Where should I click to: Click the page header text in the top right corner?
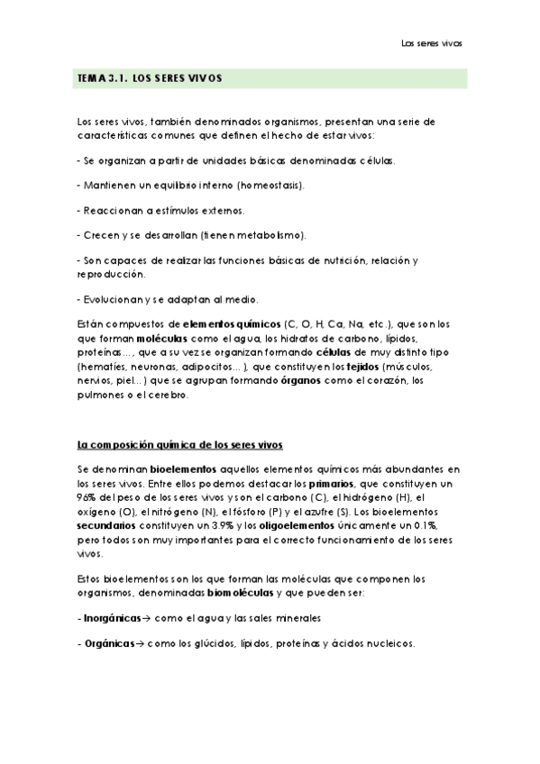pos(431,42)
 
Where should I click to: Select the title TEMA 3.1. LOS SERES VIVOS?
pos(150,79)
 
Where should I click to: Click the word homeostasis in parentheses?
pos(270,186)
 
